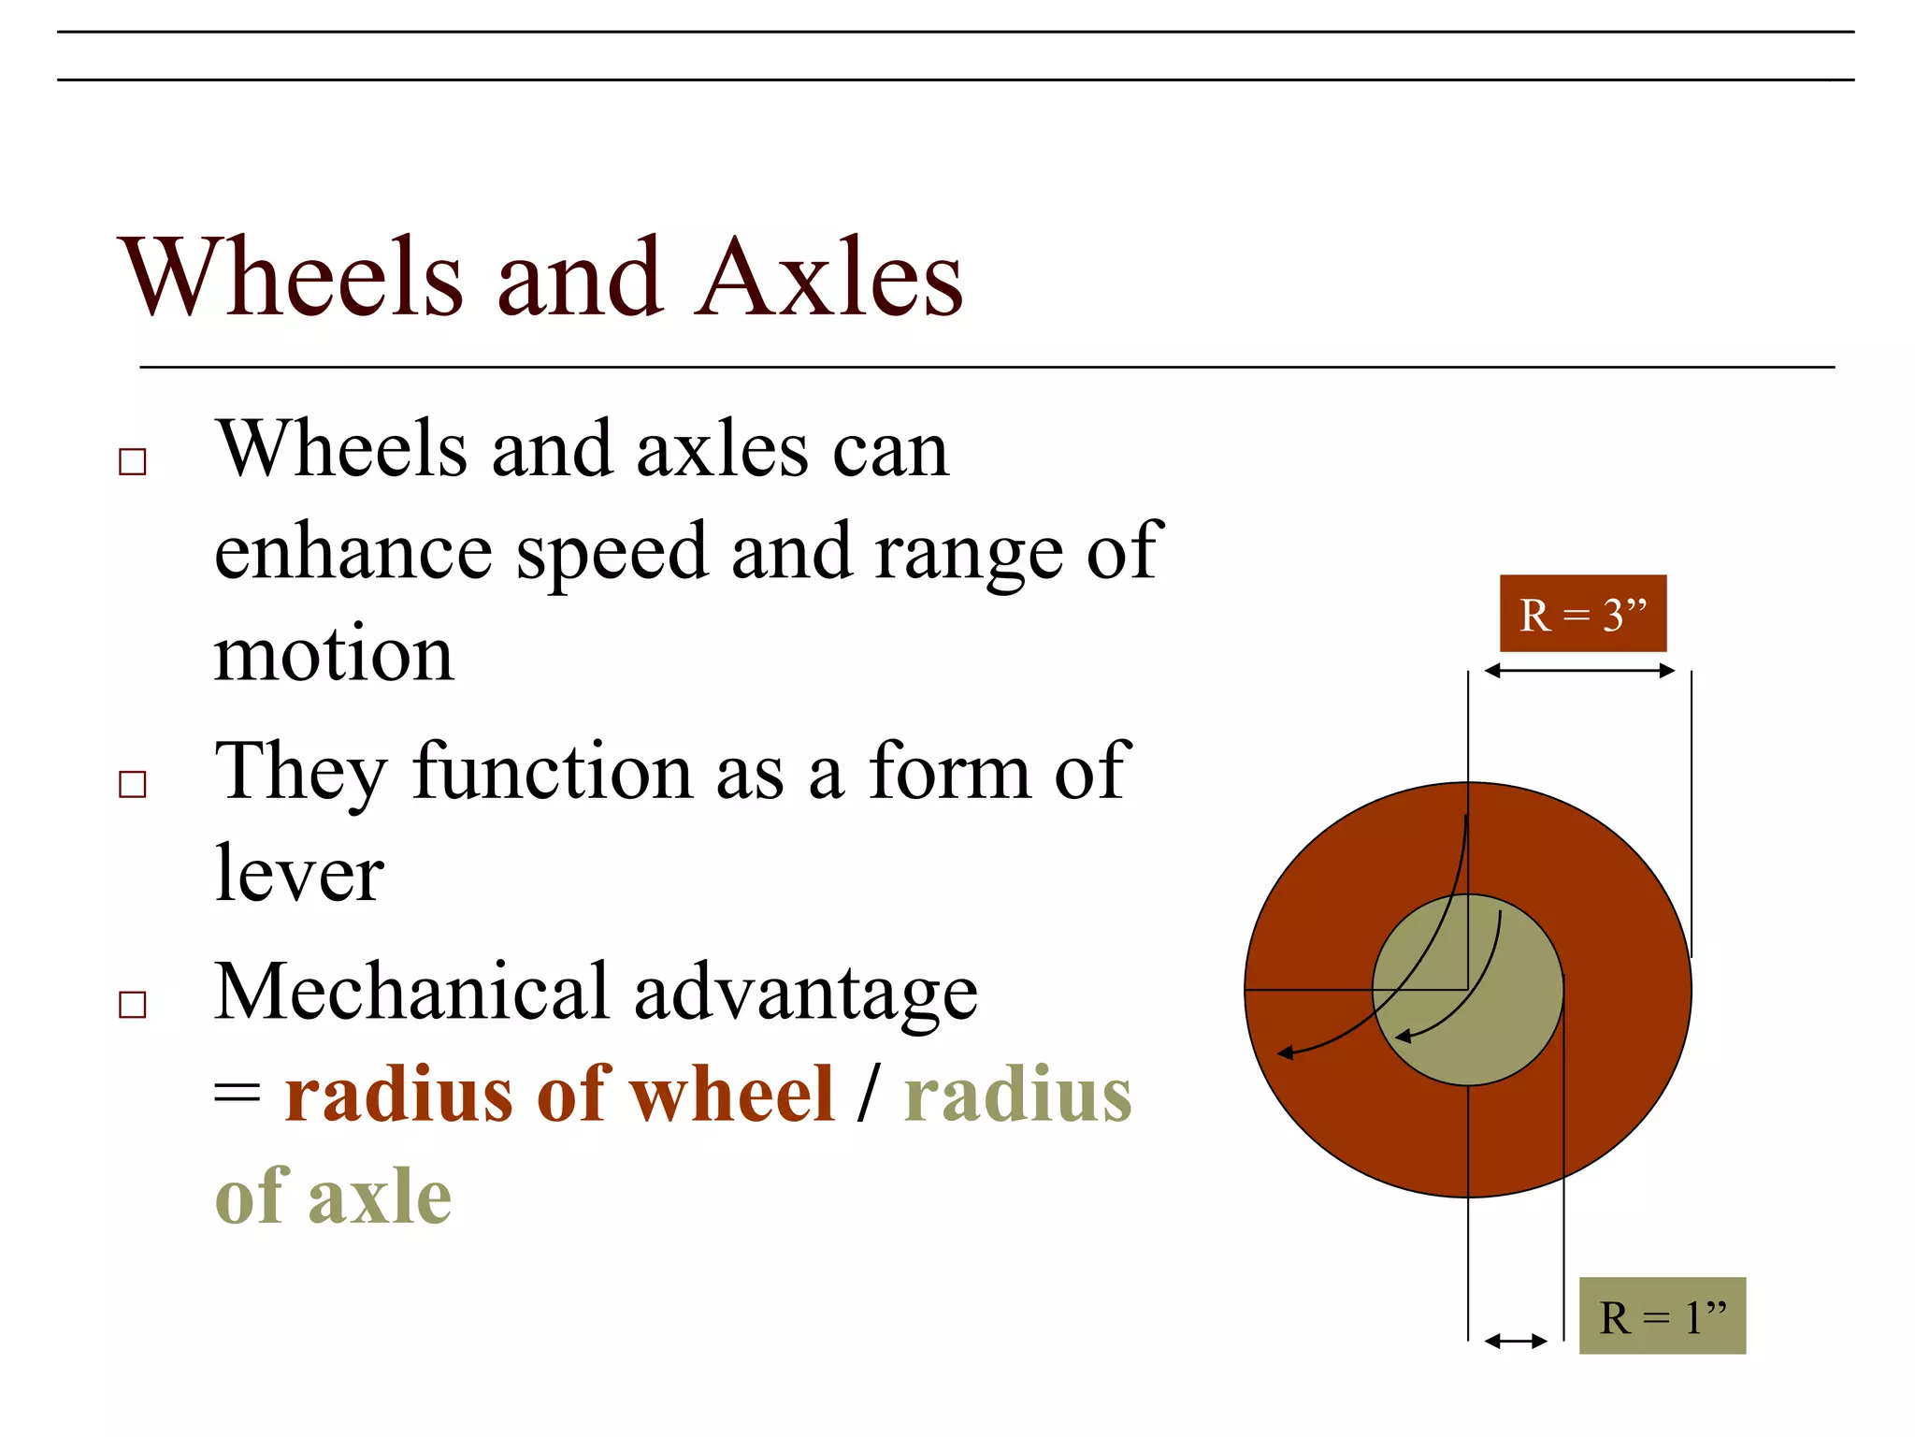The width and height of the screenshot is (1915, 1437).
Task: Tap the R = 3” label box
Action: pyautogui.click(x=1582, y=614)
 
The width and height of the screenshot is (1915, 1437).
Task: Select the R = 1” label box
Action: pyautogui.click(x=1662, y=1315)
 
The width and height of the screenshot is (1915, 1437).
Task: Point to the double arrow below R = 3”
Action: pyautogui.click(x=1579, y=670)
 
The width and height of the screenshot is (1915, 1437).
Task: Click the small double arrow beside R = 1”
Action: pyautogui.click(x=1516, y=1342)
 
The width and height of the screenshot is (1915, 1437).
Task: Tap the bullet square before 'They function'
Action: pyautogui.click(x=133, y=784)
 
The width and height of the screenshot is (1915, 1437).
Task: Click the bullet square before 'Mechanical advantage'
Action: pyautogui.click(x=133, y=1005)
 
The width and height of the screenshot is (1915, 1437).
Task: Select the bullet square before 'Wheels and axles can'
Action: pyautogui.click(x=133, y=462)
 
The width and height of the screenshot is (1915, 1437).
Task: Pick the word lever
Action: pyautogui.click(x=299, y=874)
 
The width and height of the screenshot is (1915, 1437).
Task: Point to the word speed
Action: pyautogui.click(x=612, y=552)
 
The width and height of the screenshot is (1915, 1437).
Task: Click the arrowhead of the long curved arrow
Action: pyautogui.click(x=1286, y=1053)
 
